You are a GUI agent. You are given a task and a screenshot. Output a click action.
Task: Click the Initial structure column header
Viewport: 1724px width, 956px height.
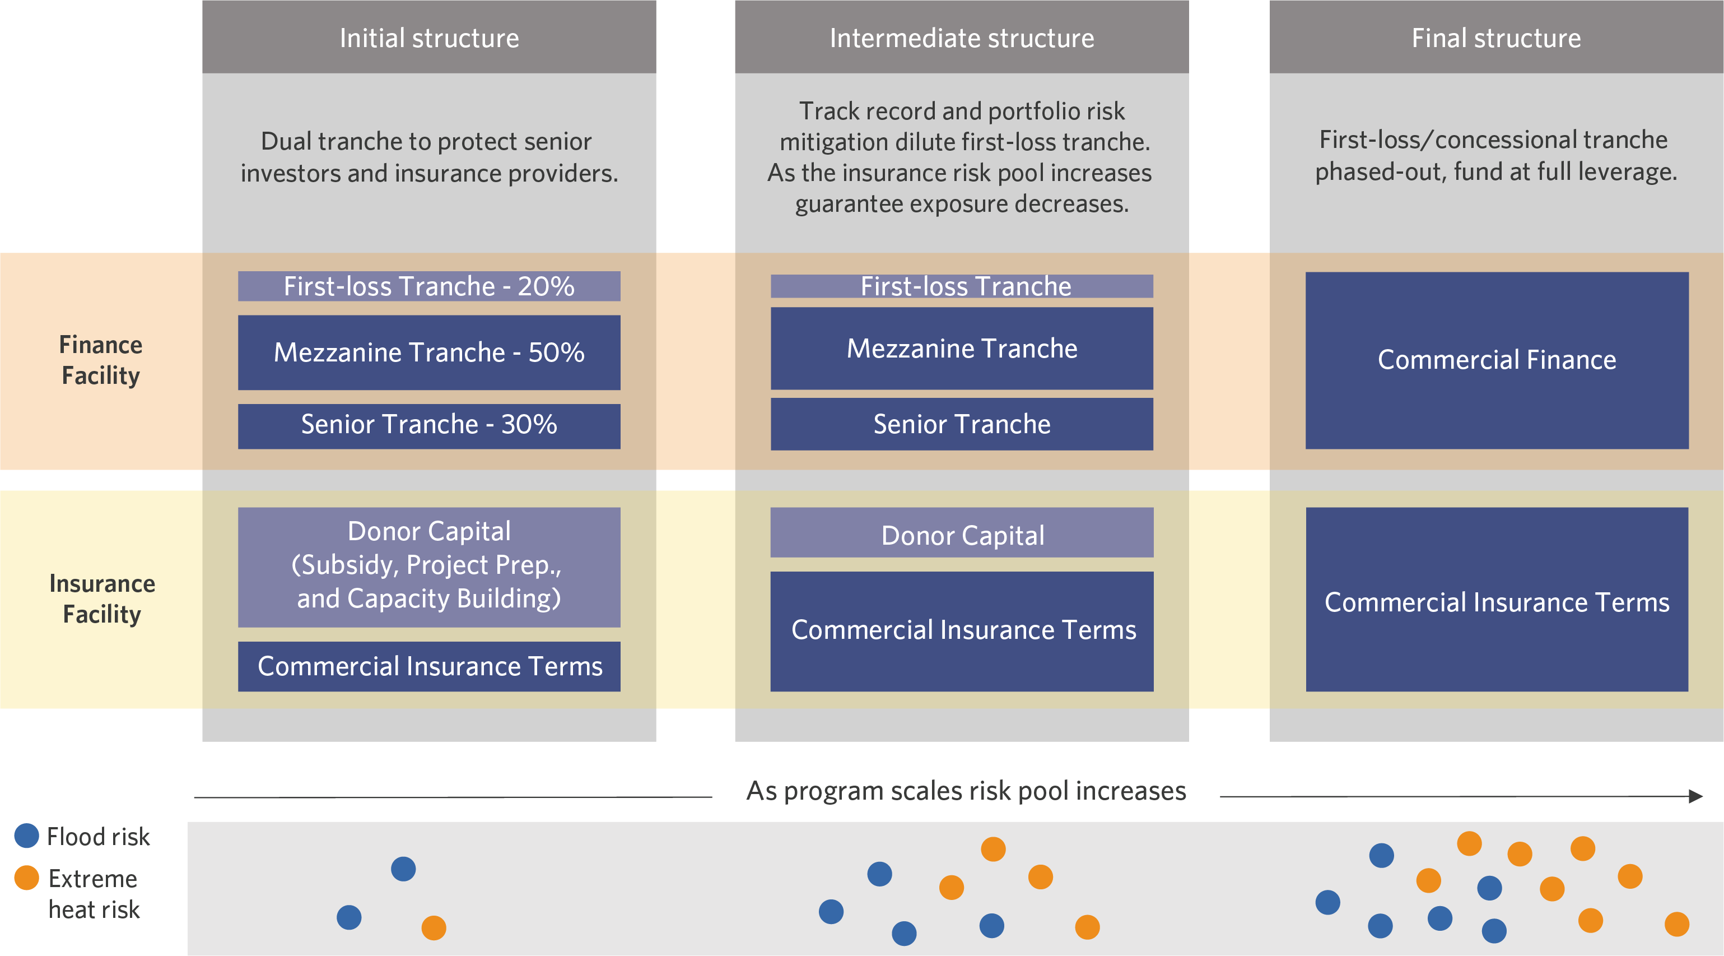tap(429, 37)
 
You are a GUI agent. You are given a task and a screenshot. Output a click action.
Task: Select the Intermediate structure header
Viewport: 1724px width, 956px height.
tap(962, 37)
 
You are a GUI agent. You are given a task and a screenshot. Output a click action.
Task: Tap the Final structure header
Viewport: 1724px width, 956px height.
tap(1497, 37)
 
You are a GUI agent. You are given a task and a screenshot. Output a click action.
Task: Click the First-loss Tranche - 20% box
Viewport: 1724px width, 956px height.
tap(429, 286)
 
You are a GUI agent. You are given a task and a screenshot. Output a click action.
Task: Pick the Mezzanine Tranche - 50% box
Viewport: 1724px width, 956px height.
tap(429, 352)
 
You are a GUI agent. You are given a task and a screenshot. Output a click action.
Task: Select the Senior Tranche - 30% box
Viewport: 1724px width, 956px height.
tap(429, 426)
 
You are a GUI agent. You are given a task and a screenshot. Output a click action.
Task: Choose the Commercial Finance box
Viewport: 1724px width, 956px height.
tap(1497, 360)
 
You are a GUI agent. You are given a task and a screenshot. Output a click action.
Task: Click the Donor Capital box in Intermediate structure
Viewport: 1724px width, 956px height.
tap(962, 533)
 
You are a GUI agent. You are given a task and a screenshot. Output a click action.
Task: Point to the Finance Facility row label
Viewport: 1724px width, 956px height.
tap(101, 360)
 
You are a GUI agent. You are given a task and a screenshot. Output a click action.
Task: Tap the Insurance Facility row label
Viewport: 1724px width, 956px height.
tap(102, 598)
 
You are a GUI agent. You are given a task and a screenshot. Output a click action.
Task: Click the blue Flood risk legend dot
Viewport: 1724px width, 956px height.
tap(27, 836)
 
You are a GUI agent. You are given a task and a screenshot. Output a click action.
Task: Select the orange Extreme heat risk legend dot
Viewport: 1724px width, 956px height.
tap(27, 877)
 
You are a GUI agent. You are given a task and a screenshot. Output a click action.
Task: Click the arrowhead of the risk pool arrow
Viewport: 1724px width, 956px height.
tap(1696, 796)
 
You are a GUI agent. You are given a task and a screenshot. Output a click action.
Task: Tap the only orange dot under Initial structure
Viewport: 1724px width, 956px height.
tap(434, 928)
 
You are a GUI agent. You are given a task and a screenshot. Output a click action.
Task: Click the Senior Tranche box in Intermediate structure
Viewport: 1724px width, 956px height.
tap(962, 424)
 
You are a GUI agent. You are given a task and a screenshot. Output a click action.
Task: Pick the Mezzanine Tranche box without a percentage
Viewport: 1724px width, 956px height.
tap(962, 348)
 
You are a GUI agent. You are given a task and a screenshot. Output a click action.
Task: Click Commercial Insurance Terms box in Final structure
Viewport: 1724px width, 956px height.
tap(1497, 599)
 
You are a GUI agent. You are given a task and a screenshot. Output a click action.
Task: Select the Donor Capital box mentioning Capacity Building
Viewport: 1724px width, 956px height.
tap(429, 567)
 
